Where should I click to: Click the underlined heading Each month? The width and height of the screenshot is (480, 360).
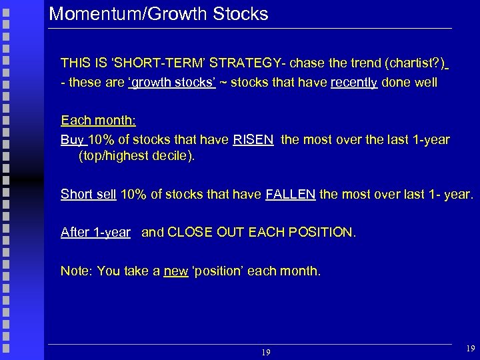pyautogui.click(x=98, y=121)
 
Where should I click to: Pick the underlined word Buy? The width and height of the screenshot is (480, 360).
pyautogui.click(x=72, y=140)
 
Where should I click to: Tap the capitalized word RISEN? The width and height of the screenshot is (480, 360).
pyautogui.click(x=253, y=140)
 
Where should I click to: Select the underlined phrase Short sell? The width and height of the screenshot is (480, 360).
pyautogui.click(x=89, y=195)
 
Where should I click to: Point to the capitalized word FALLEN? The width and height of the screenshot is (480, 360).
pyautogui.click(x=291, y=195)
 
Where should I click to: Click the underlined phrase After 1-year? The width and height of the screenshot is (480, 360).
pyautogui.click(x=95, y=233)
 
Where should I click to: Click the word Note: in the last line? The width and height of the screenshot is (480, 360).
pyautogui.click(x=77, y=271)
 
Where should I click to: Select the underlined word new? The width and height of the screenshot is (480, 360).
pyautogui.click(x=175, y=271)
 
